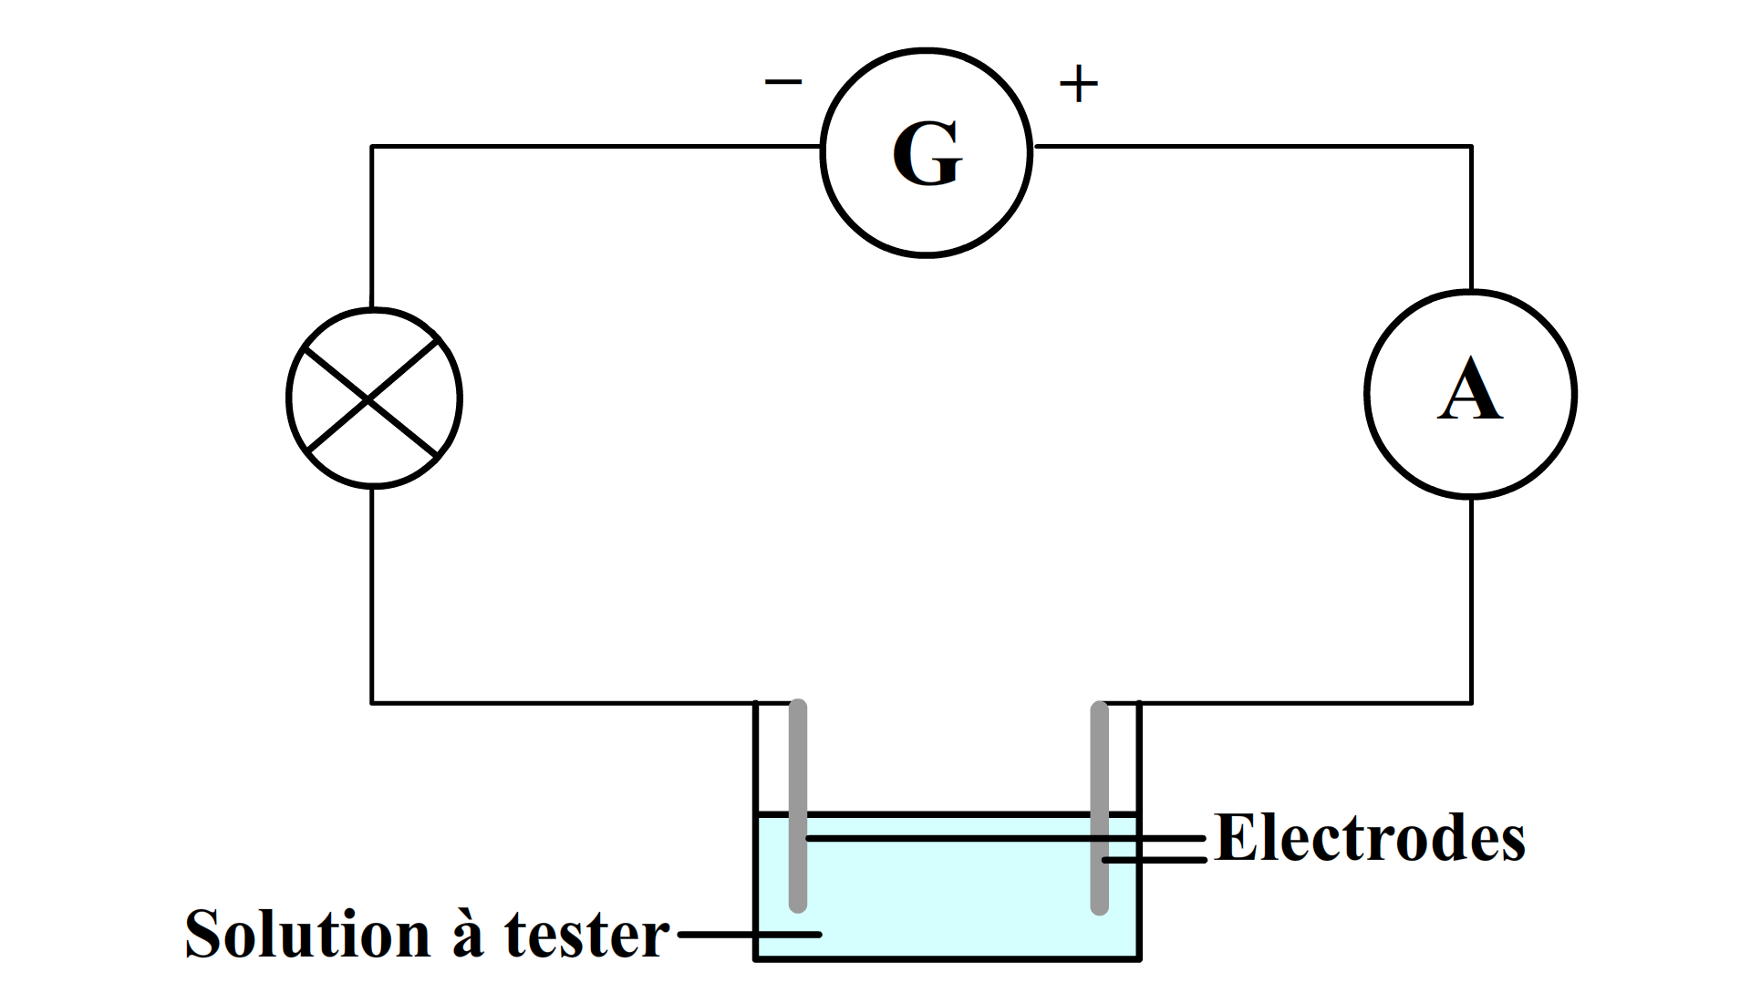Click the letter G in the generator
point(927,155)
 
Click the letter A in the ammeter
point(1469,390)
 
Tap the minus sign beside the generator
point(782,82)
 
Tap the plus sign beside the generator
point(1078,84)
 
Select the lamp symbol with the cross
point(374,398)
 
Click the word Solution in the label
point(307,934)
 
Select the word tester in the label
point(586,934)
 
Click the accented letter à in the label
point(467,934)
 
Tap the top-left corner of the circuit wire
point(371,146)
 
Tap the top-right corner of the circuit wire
point(1471,146)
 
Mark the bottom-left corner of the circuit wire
point(371,703)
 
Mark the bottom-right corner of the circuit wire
point(1471,703)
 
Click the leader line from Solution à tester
point(748,934)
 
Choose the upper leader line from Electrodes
point(1003,837)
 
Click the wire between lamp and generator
point(593,146)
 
